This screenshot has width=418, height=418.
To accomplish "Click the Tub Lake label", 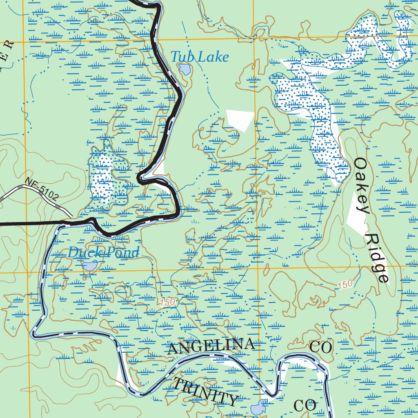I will tap(199, 57).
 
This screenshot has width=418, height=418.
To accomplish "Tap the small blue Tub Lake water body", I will tap(185, 69).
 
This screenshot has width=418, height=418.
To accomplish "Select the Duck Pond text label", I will tap(103, 253).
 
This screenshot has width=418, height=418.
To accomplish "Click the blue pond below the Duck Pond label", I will tap(89, 267).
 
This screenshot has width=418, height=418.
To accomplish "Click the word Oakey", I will tap(362, 185).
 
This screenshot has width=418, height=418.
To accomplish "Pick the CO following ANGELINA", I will tap(321, 347).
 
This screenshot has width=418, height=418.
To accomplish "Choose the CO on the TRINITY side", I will tap(305, 406).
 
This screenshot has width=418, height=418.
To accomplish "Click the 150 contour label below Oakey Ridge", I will tap(345, 285).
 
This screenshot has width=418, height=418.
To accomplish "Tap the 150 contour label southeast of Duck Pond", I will tap(167, 302).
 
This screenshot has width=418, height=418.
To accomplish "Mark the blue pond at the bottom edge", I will tap(258, 407).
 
